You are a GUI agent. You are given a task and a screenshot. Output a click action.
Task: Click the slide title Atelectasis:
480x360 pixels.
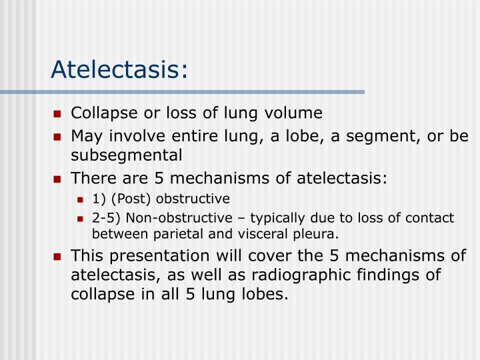coord(120,69)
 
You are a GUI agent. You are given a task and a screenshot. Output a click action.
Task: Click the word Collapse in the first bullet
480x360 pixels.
coord(98,113)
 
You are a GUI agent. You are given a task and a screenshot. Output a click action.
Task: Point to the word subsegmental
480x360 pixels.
coord(126,155)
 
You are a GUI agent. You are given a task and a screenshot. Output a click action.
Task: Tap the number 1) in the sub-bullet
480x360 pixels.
coord(99,199)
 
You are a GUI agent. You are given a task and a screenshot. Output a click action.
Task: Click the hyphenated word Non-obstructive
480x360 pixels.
coord(168,218)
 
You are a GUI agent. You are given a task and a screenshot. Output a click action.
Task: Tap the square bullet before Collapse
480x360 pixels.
coord(58,113)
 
